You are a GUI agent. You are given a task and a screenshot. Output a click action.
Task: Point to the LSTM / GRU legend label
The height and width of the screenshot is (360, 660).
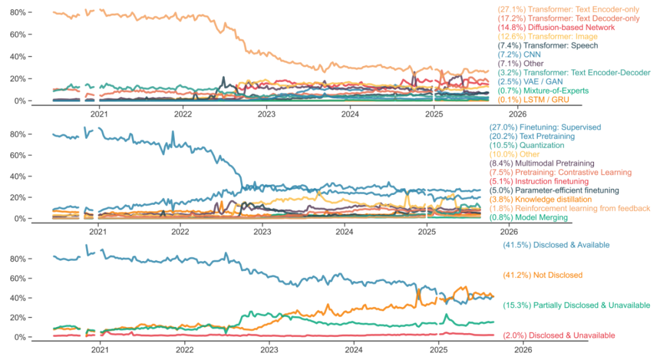pos(532,100)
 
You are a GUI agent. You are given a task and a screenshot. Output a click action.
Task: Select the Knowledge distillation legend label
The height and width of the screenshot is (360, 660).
pos(539,199)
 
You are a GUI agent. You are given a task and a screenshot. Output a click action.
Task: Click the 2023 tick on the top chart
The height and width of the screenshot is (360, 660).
pos(266,114)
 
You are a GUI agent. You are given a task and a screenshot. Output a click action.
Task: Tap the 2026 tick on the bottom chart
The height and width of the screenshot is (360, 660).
pos(522,350)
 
